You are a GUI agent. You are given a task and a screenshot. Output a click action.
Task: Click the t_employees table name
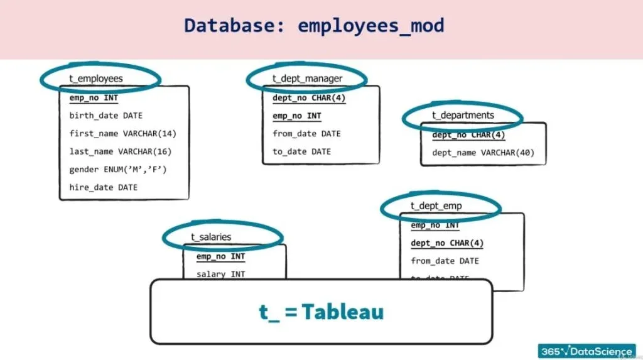96,79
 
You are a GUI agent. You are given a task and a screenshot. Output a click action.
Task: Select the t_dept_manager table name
307,79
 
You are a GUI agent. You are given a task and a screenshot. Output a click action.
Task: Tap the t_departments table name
463,115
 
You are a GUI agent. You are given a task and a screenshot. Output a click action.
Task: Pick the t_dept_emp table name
436,205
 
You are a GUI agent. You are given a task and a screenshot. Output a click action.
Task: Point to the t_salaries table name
211,237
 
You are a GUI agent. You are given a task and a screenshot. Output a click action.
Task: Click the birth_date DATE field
105,116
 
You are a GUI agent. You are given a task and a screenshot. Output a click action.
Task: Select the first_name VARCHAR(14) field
122,133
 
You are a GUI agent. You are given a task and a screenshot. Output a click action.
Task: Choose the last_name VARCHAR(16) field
120,151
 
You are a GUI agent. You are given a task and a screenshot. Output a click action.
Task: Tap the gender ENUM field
118,169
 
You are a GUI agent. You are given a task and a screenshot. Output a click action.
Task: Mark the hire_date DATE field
103,187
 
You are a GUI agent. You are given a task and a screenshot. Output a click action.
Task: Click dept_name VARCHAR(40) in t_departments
483,153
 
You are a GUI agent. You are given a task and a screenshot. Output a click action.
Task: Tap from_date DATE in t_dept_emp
445,261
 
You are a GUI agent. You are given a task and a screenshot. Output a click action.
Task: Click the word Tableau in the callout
342,312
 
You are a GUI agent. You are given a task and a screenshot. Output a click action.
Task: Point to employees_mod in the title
370,26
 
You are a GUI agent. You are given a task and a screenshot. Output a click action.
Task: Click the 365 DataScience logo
586,351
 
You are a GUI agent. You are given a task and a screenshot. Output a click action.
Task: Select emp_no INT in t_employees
94,98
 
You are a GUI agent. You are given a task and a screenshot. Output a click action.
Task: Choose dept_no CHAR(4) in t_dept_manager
309,98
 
